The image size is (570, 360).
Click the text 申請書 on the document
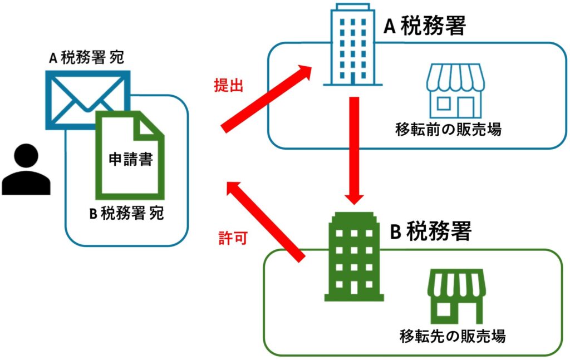click(130, 161)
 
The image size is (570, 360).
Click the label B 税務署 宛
click(126, 214)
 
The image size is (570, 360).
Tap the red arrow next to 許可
click(266, 220)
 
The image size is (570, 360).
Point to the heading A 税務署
click(424, 26)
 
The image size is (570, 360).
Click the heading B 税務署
click(430, 231)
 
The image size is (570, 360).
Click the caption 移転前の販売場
click(448, 130)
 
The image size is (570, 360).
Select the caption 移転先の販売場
click(452, 336)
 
